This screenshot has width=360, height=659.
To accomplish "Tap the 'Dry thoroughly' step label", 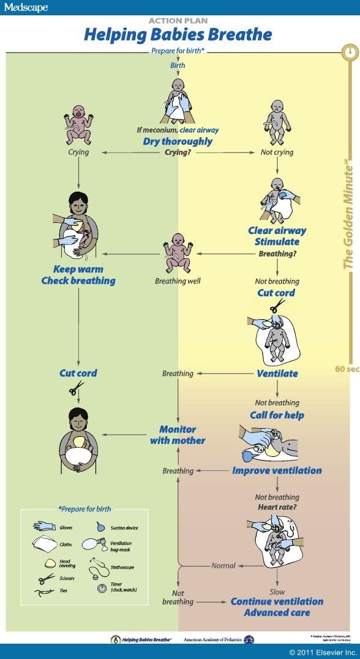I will click(x=178, y=141).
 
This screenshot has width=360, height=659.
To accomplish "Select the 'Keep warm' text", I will click(x=78, y=269).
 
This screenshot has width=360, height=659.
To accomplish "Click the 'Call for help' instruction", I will click(x=277, y=415).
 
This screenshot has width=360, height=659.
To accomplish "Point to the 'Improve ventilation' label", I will click(x=277, y=470).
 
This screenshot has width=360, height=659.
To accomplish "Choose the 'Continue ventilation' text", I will click(x=277, y=601).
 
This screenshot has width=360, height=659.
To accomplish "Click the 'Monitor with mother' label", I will click(x=178, y=435).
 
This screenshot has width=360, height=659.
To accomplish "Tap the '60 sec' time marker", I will click(x=347, y=369).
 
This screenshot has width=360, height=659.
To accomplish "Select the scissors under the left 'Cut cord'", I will click(x=77, y=388).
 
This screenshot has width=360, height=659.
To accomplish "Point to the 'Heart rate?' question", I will click(x=277, y=507).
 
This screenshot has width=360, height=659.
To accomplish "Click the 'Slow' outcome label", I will click(x=277, y=592).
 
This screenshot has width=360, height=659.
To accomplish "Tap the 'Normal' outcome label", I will click(x=223, y=565).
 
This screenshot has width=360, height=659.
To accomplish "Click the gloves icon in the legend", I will click(x=45, y=526).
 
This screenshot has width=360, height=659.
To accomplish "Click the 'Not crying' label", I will click(x=277, y=152).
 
